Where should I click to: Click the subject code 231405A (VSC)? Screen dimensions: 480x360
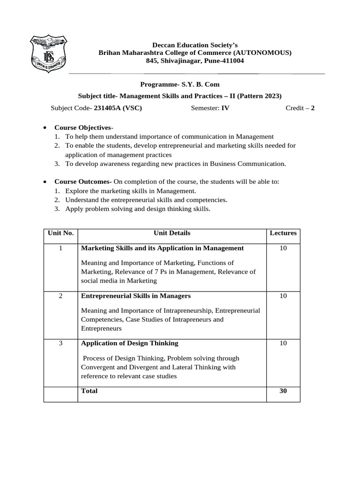118,108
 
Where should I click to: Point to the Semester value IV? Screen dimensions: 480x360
225,108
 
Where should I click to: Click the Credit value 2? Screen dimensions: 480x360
313,108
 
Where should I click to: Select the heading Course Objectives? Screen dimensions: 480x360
83,127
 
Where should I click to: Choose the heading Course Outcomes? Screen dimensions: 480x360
82,181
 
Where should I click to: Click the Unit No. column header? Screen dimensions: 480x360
60,233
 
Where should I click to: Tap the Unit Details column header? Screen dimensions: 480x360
172,233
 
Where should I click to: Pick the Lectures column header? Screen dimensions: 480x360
283,233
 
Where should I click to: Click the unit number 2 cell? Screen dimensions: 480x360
61,296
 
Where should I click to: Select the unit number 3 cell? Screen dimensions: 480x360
61,343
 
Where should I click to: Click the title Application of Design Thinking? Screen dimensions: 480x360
130,343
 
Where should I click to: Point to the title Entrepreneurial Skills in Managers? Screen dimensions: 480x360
136,296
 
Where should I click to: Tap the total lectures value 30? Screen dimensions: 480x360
283,390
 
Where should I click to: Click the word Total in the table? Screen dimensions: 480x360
89,390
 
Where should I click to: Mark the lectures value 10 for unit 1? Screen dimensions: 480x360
283,248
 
